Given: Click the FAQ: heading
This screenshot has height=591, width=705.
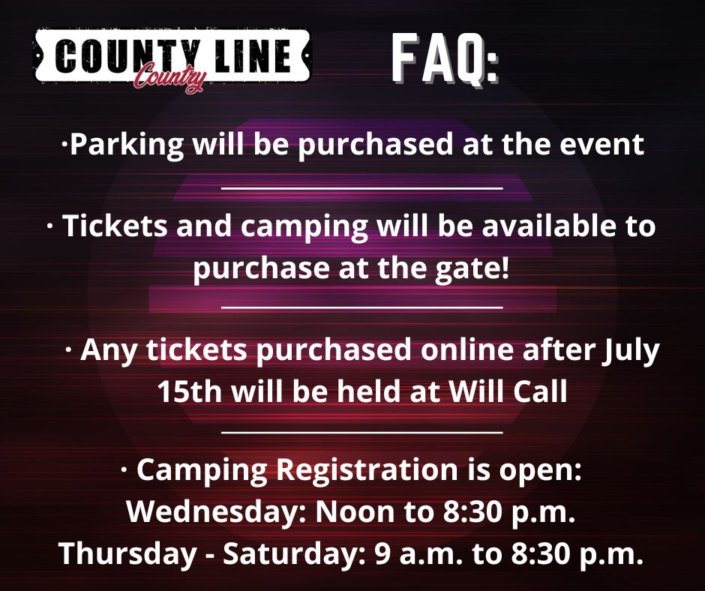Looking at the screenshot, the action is [445, 59].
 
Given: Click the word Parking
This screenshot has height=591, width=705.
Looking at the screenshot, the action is [127, 145].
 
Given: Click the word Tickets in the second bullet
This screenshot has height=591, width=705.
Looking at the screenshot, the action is [115, 225].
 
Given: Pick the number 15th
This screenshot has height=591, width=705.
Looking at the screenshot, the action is [190, 391].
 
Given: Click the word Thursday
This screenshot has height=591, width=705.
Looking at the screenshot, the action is [128, 554].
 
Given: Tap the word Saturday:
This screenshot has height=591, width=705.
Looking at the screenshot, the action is [295, 553].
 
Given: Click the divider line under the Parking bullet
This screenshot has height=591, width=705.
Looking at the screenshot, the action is [362, 188].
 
